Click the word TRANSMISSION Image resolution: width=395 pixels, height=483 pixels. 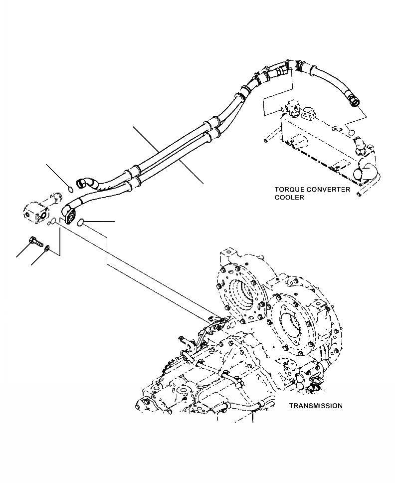315,406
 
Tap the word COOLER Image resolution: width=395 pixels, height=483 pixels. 289,197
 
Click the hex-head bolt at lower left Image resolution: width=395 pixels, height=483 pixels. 35,241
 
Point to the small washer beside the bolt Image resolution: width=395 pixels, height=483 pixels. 46,247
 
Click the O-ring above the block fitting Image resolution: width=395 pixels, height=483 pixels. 70,189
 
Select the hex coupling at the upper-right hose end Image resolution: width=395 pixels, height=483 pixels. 354,101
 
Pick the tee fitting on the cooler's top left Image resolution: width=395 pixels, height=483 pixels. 293,108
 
